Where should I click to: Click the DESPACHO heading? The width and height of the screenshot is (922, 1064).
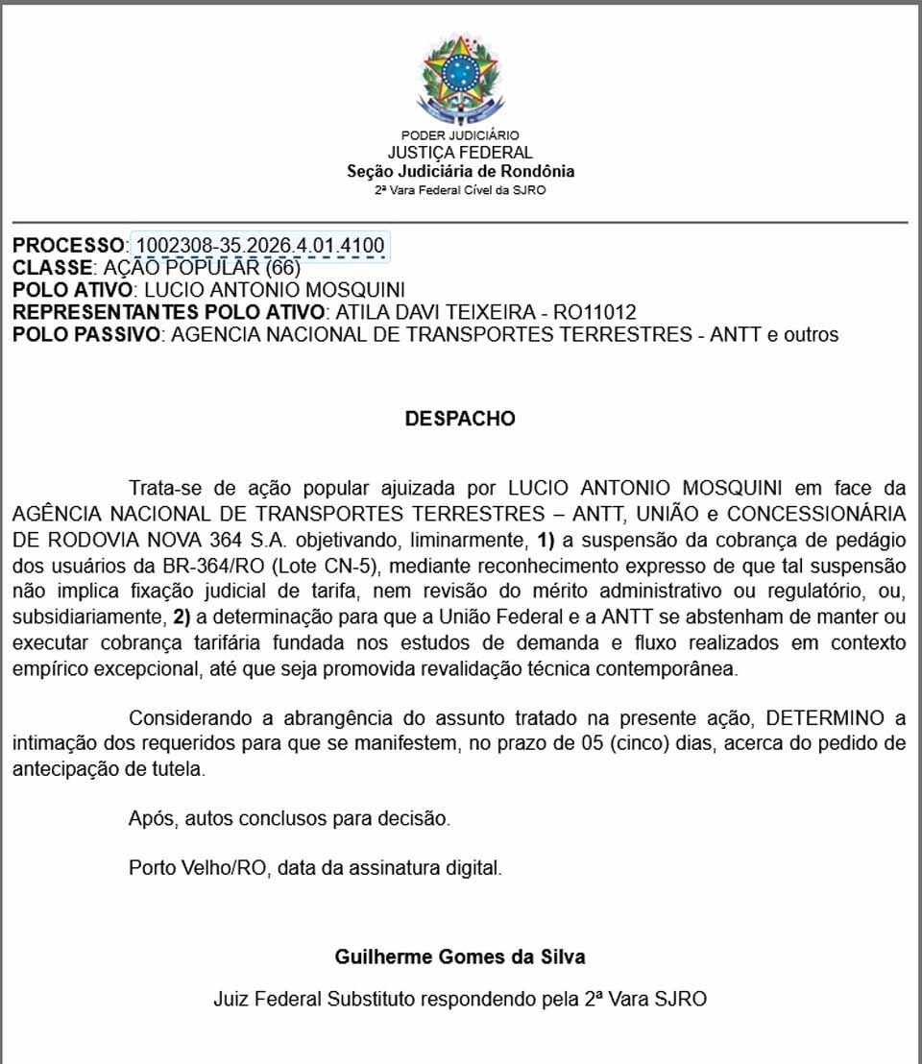coord(460,419)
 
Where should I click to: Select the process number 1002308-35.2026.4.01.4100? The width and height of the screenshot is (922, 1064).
coord(259,245)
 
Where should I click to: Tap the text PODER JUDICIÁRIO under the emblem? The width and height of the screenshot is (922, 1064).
coord(460,135)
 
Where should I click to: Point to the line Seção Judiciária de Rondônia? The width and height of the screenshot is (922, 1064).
coord(460,171)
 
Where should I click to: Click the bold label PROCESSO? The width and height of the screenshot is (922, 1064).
coord(68,245)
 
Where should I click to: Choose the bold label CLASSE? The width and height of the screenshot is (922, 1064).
coord(53,267)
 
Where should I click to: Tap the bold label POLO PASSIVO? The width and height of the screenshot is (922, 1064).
coord(85,334)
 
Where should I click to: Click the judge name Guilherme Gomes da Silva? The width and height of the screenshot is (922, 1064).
coord(460,956)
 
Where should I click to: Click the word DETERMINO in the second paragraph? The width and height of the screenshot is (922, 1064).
coord(829,718)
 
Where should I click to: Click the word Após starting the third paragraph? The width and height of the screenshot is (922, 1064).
coord(150,819)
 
